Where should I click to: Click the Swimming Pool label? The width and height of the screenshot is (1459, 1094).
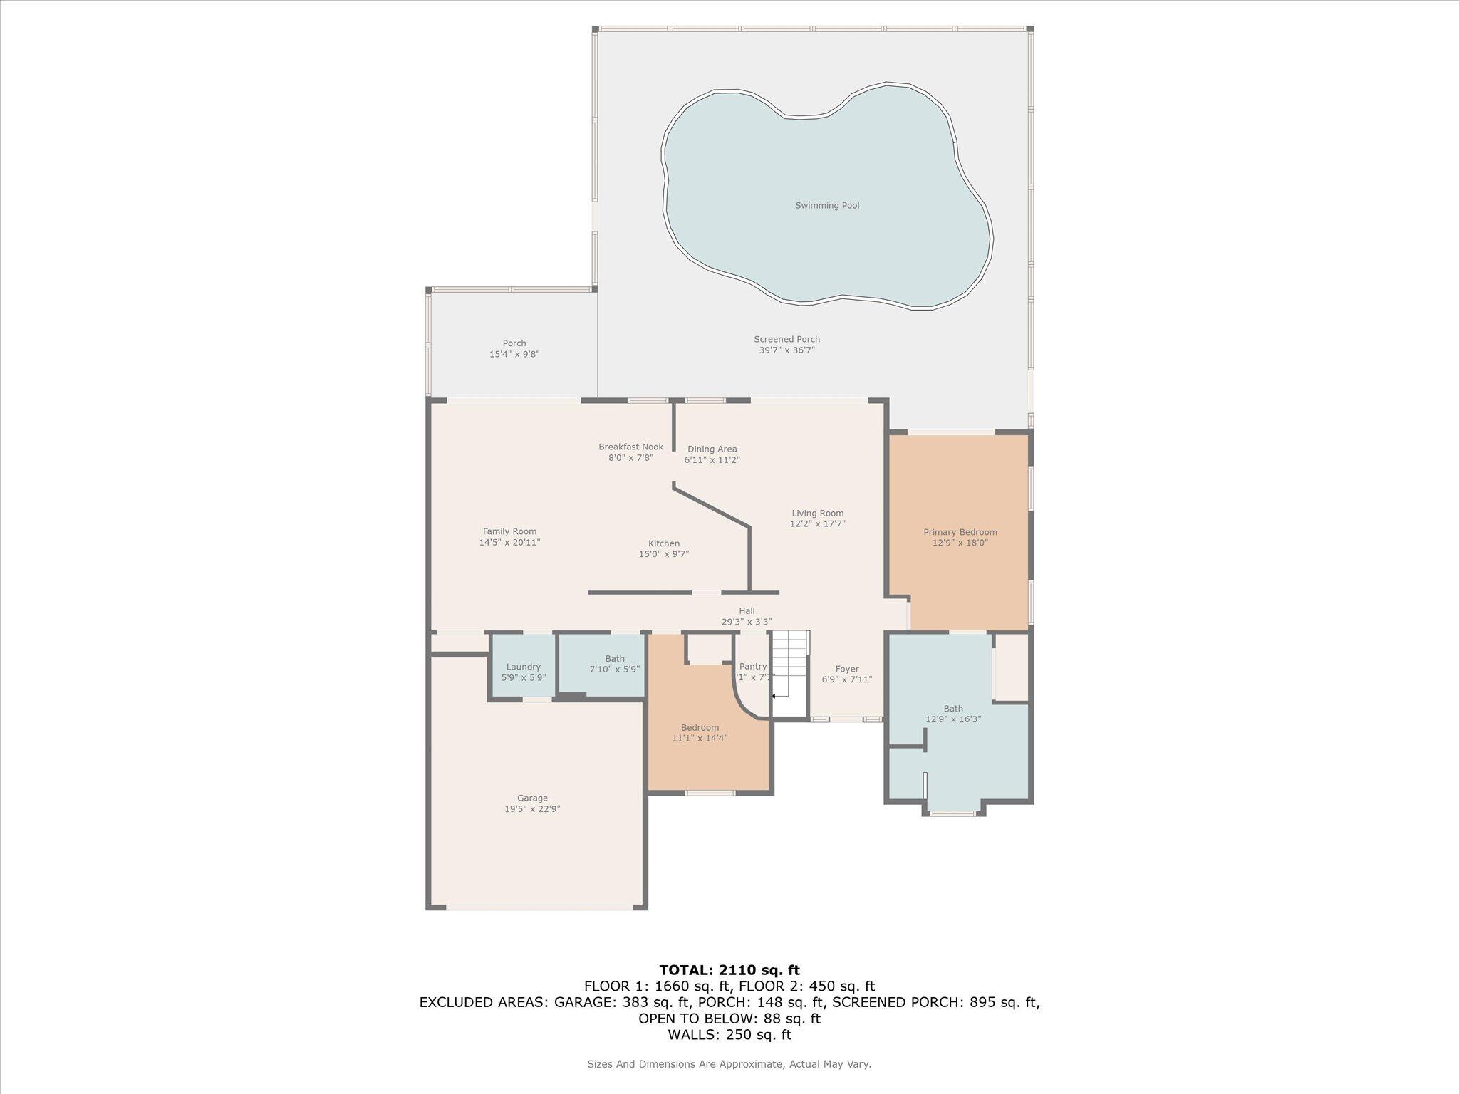point(827,206)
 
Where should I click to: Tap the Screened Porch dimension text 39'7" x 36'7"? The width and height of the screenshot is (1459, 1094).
point(786,350)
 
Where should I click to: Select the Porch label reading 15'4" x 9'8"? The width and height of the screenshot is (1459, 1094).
point(514,349)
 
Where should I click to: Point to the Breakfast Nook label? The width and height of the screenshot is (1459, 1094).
point(630,452)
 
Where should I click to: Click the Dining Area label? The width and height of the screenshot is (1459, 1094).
point(712,454)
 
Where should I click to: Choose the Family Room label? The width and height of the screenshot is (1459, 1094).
point(509,537)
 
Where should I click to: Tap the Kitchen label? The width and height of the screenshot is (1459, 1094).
point(663,548)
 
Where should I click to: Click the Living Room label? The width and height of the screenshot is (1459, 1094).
point(817,519)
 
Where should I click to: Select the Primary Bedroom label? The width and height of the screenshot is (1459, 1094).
point(960,537)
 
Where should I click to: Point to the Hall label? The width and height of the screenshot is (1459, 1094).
point(747,616)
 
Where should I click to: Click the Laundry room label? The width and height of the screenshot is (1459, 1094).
point(523,672)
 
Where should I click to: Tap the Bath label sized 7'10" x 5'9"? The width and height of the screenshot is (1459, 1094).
point(614,664)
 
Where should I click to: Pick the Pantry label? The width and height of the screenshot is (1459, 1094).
point(752,672)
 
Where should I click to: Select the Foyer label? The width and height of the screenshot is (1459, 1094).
point(847,674)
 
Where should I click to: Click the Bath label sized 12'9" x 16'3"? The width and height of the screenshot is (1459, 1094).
point(953,714)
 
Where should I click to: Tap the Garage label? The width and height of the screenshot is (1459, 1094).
point(532,803)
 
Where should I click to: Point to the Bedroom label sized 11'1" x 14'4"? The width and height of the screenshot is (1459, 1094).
point(700,733)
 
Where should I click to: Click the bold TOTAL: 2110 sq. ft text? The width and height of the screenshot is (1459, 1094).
point(729,970)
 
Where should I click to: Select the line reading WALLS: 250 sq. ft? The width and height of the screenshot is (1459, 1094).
point(729,1035)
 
